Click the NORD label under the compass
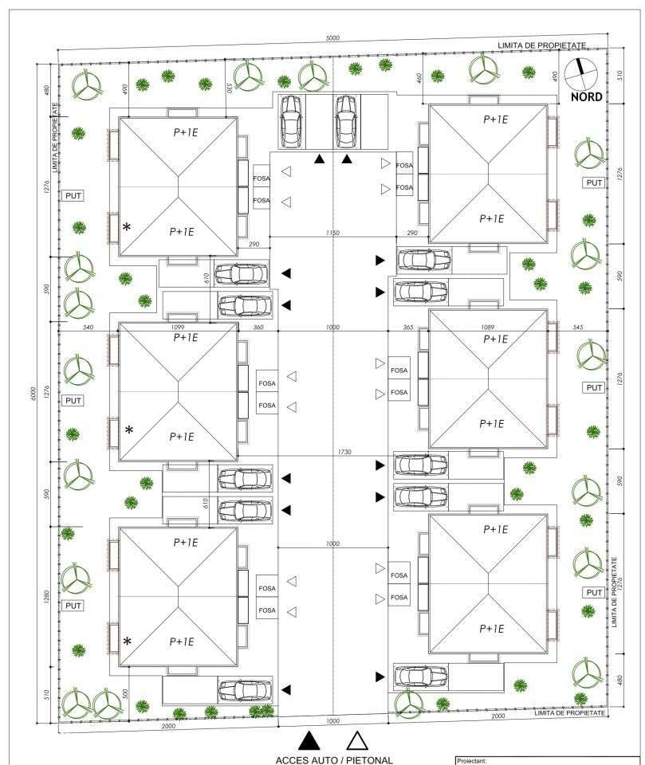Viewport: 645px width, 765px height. coord(586,97)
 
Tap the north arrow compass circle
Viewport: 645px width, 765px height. coord(580,73)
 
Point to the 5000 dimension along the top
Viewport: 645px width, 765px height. coord(332,38)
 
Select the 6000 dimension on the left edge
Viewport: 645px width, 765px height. coord(34,392)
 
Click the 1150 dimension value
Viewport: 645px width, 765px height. coord(332,233)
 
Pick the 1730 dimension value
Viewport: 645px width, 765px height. coord(344,452)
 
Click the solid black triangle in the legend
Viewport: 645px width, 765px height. coord(309,740)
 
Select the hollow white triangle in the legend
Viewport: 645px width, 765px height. coord(356,740)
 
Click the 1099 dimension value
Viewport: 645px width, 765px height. coord(179,327)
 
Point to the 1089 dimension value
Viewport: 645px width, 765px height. coord(488,327)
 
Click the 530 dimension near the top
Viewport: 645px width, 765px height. coord(229,87)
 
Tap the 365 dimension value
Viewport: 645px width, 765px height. coord(408,327)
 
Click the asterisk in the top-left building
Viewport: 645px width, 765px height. coord(127,227)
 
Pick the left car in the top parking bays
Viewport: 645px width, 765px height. coord(290,122)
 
